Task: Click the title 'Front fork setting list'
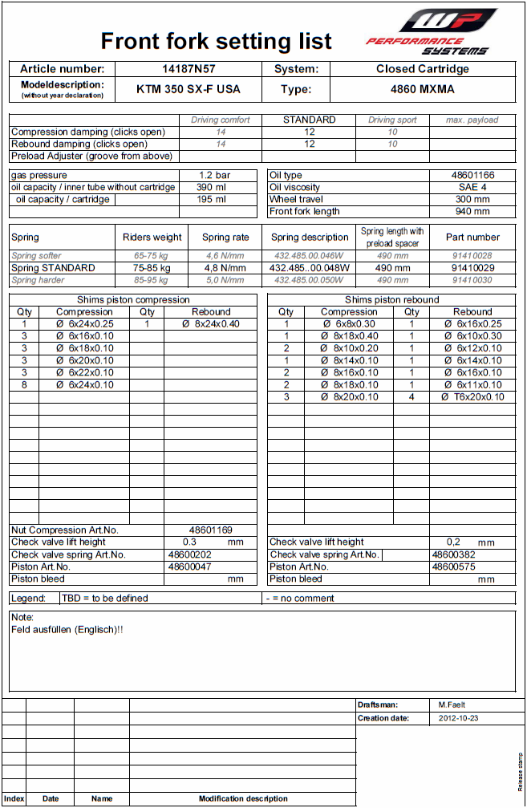217,41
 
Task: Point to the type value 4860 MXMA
423,89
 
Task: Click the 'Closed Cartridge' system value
423,69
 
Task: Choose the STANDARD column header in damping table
310,120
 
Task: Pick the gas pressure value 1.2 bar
215,175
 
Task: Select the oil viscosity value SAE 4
472,187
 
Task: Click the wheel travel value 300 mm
472,199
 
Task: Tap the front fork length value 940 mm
472,212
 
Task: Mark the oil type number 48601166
472,175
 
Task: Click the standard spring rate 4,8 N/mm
225,268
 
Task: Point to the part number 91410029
472,268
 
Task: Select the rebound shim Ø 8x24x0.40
211,324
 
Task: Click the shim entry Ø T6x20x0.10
472,397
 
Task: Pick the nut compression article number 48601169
211,530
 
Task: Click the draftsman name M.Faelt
452,704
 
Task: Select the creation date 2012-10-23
459,718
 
